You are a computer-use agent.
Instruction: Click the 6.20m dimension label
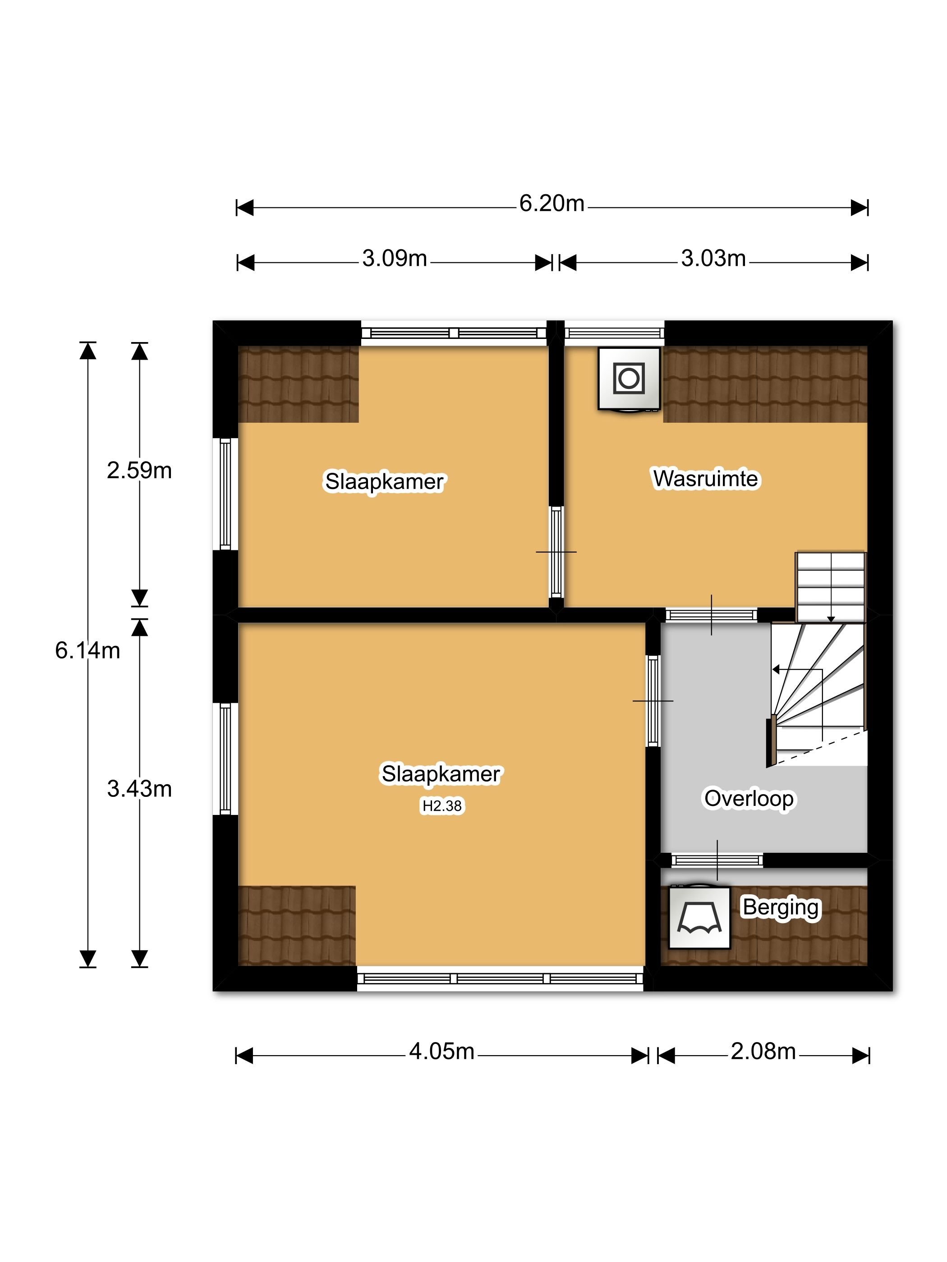[552, 204]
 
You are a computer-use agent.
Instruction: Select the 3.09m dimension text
[395, 258]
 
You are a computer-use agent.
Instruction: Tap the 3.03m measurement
[713, 258]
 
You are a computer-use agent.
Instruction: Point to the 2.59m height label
[139, 470]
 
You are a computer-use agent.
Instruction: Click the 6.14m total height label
[87, 650]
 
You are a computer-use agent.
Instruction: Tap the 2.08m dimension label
[763, 1051]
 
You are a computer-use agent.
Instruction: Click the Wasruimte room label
[706, 479]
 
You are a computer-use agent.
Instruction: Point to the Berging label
[781, 907]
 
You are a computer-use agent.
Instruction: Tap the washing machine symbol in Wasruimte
[629, 379]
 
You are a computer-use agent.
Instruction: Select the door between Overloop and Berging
[717, 860]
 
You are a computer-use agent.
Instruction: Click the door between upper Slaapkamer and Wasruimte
[556, 552]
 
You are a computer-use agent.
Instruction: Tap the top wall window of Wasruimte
[614, 333]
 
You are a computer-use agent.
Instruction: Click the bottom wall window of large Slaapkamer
[500, 979]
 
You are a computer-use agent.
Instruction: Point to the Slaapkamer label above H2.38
[441, 774]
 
